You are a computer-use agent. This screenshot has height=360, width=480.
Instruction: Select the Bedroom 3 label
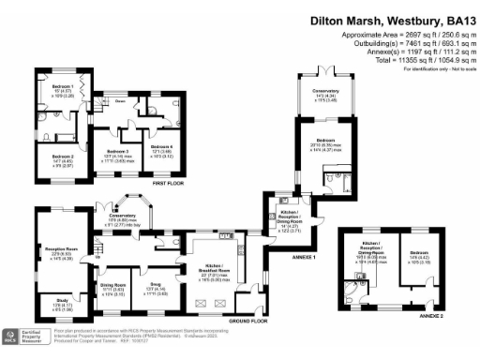117,150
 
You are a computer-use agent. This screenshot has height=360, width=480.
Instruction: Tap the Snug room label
155,288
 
